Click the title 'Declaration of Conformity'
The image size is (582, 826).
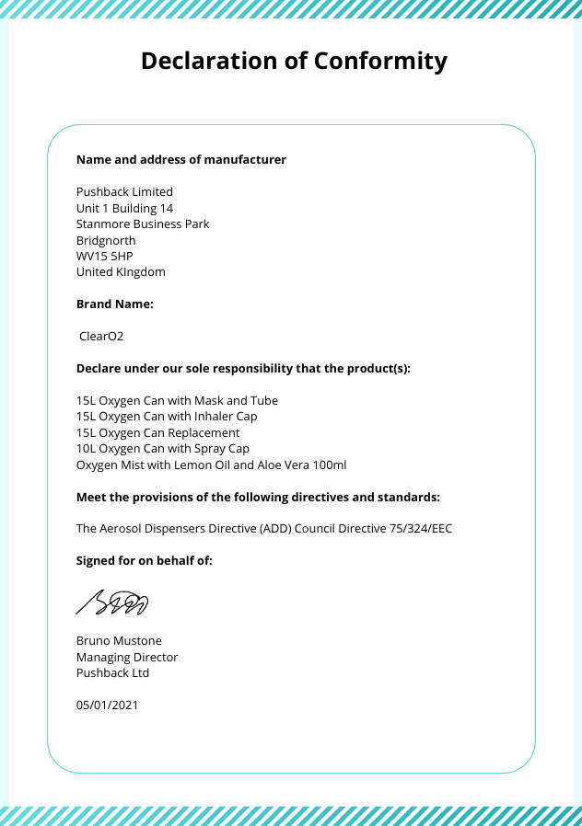tap(294, 62)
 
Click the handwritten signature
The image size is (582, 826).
tap(112, 602)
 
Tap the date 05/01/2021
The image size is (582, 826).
tap(107, 705)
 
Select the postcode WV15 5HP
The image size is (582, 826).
tap(105, 256)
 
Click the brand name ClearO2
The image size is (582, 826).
tap(101, 337)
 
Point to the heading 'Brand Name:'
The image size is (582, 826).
tap(115, 304)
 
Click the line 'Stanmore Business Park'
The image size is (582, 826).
tap(143, 224)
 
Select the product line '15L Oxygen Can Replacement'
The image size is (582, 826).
tap(157, 432)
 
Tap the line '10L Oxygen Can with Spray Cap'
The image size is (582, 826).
tap(163, 449)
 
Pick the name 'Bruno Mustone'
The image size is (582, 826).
tap(119, 641)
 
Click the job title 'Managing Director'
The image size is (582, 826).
tap(127, 657)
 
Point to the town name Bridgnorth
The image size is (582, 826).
tap(106, 240)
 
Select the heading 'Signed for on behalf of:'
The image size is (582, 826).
tap(145, 560)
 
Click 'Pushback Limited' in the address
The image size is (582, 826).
tap(124, 192)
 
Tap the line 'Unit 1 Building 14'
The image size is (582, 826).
tap(124, 208)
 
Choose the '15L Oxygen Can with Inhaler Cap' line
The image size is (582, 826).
tap(167, 417)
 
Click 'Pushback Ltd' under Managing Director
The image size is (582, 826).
tap(112, 672)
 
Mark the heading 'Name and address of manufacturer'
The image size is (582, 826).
tap(181, 160)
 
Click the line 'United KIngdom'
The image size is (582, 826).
tap(121, 272)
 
